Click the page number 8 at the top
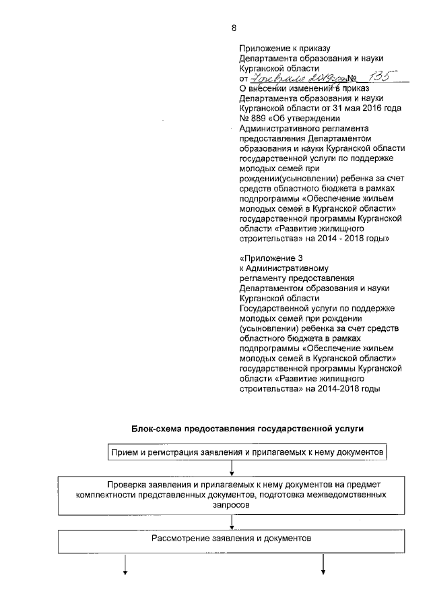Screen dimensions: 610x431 coord(234,28)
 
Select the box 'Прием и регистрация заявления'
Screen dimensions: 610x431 coord(247,452)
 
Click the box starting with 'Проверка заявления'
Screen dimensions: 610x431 coord(232,494)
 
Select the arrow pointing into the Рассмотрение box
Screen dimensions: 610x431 coord(232,521)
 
